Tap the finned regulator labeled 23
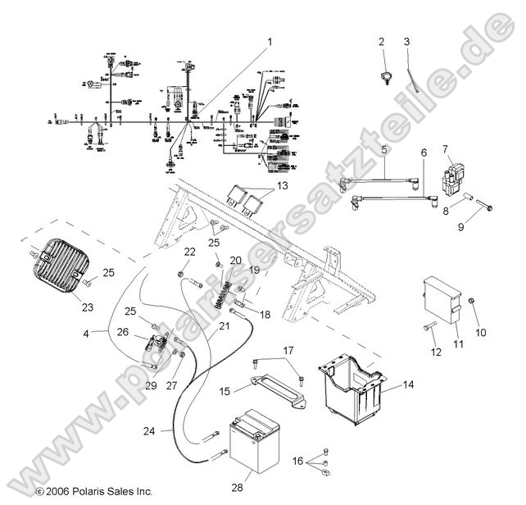(x=60, y=266)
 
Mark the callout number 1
(x=267, y=40)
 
